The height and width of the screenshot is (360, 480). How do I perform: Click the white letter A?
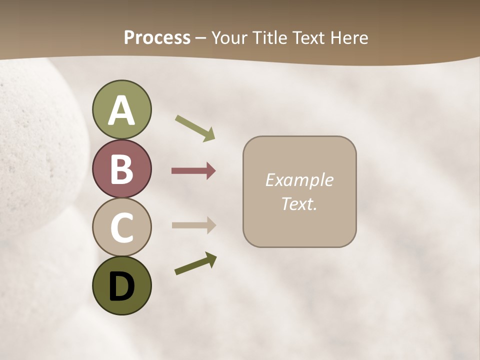tap(121, 111)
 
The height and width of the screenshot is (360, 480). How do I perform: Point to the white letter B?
tap(121, 169)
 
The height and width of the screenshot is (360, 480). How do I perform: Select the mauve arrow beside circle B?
tap(193, 171)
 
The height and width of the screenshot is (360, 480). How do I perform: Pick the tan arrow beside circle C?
tap(193, 225)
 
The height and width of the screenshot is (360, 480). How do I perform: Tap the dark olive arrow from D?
tap(195, 264)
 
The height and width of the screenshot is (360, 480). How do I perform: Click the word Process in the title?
tap(157, 38)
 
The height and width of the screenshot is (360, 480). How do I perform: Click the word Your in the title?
tap(229, 38)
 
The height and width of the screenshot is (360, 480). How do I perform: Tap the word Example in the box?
tap(299, 180)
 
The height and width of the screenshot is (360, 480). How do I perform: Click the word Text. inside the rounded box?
tap(299, 203)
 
